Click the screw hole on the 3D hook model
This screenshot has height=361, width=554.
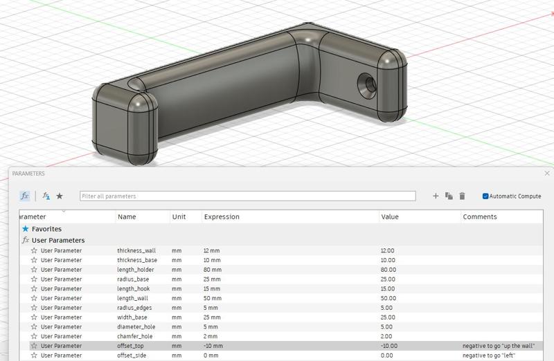[367, 85]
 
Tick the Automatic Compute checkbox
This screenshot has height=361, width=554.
[485, 196]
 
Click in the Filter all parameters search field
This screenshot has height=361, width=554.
[247, 196]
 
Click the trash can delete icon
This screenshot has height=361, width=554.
[462, 196]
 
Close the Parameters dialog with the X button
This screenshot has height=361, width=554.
[547, 174]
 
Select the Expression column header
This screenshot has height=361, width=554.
[222, 216]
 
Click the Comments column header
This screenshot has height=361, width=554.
[479, 216]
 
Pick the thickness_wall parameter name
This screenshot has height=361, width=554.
[136, 250]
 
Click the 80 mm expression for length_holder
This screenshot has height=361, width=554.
[213, 270]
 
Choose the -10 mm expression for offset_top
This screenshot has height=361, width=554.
[213, 346]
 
